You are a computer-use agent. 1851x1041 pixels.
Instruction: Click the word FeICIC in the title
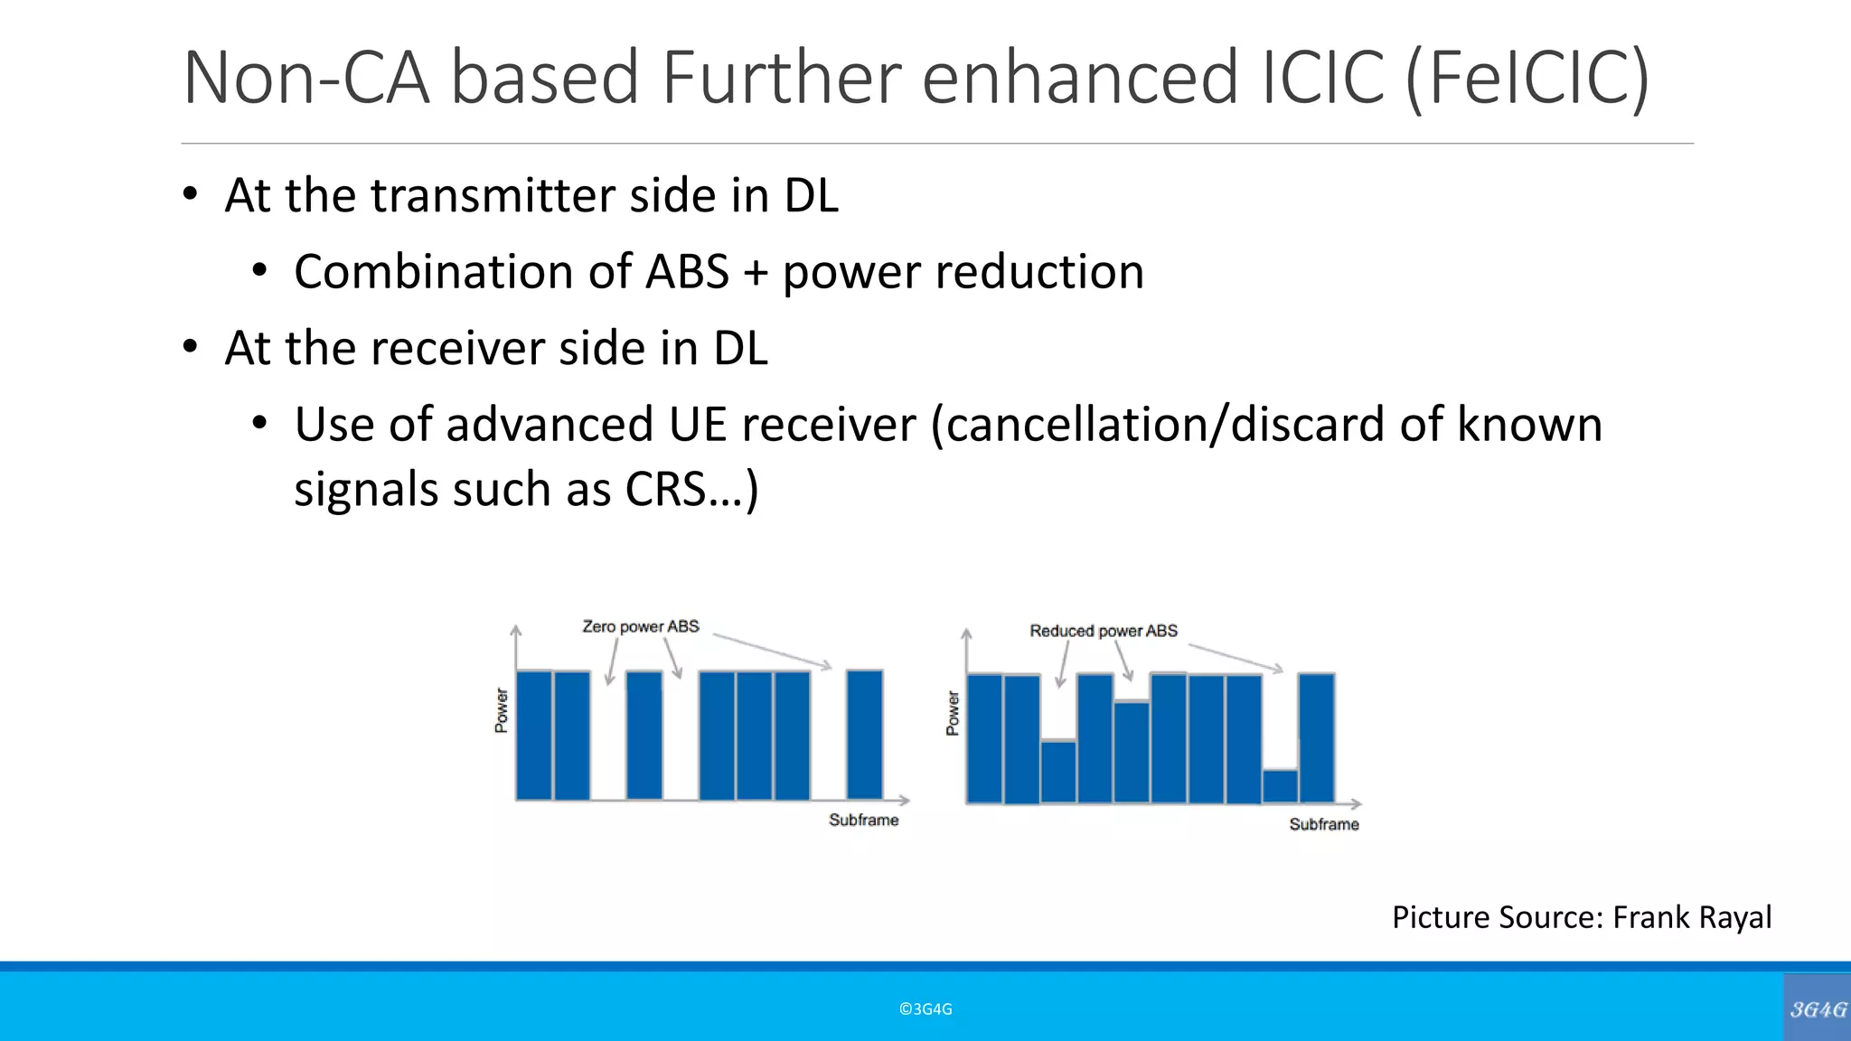coord(1528,80)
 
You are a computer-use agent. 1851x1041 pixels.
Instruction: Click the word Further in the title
coord(781,78)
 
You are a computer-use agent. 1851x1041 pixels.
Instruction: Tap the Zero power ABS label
coord(640,626)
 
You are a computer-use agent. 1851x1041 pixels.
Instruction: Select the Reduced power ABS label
coord(1104,631)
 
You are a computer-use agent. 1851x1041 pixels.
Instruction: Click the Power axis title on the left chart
coord(502,710)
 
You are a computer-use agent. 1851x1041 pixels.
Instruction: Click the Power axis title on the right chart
coord(953,714)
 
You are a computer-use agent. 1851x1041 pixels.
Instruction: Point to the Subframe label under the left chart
coord(863,820)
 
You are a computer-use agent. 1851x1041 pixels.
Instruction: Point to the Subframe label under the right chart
coord(1323,824)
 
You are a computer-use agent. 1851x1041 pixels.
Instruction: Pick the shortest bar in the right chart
coord(1280,786)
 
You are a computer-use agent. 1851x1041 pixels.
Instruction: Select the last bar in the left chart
coord(865,735)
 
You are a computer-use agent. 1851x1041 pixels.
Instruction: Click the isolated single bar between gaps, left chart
coord(644,735)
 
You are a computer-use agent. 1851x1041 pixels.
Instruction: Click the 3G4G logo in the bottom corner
coord(1818,1009)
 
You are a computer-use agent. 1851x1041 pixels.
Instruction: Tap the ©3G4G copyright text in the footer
coord(925,1009)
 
